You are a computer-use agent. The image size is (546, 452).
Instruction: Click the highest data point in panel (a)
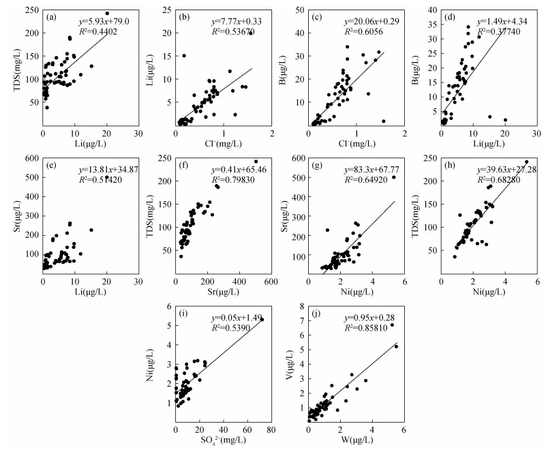point(107,14)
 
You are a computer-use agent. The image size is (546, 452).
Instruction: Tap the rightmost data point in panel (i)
point(261,320)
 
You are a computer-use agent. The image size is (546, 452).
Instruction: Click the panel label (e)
point(52,164)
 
